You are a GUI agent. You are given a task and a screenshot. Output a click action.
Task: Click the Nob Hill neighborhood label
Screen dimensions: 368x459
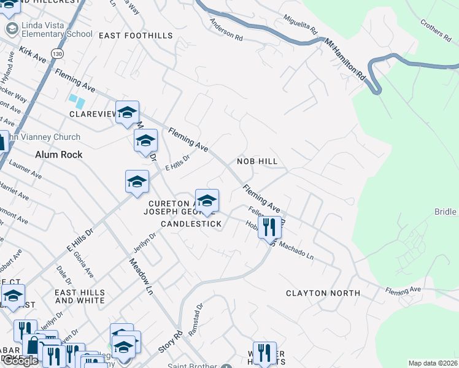[x=258, y=161]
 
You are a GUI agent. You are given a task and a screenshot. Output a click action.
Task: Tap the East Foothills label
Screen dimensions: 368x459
[x=136, y=36]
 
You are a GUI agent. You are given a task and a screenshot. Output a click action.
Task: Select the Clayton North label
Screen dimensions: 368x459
[x=323, y=293]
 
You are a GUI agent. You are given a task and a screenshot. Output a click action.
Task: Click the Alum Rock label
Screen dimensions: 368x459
[x=59, y=155]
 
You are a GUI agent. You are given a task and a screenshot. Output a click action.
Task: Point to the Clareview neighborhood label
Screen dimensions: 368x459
[x=92, y=114]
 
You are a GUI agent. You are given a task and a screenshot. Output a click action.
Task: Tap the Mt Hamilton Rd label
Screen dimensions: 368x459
[x=345, y=62]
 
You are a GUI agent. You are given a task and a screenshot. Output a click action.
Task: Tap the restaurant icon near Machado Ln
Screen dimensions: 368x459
[x=269, y=228]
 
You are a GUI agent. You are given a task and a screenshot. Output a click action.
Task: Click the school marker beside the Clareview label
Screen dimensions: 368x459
[x=127, y=113]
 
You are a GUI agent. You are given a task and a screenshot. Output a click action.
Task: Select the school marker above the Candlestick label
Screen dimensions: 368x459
[x=207, y=201]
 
